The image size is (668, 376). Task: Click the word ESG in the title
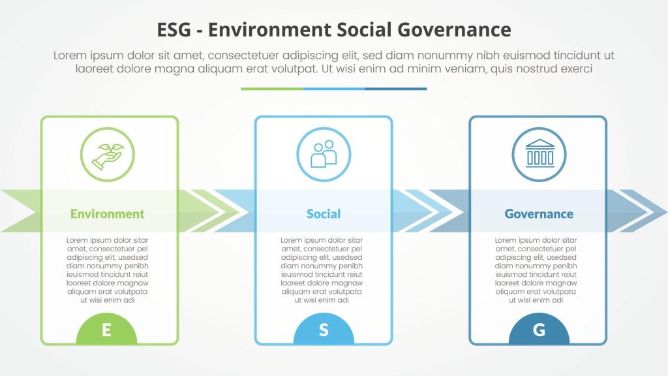pyautogui.click(x=174, y=30)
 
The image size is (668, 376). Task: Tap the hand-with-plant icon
pyautogui.click(x=108, y=155)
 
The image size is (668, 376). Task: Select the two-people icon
pyautogui.click(x=324, y=155)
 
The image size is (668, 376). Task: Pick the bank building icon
pyautogui.click(x=539, y=155)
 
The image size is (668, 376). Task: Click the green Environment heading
pyautogui.click(x=108, y=213)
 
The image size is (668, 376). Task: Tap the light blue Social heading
pyautogui.click(x=324, y=213)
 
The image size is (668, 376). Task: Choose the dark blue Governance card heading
pyautogui.click(x=539, y=213)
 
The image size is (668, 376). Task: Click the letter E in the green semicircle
pyautogui.click(x=106, y=330)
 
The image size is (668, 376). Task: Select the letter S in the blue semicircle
pyautogui.click(x=324, y=330)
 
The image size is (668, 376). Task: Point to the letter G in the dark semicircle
pyautogui.click(x=539, y=330)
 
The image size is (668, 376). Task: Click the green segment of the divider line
pyautogui.click(x=272, y=89)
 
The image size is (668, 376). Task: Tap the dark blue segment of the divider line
pyautogui.click(x=396, y=89)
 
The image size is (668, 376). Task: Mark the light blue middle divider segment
pyautogui.click(x=333, y=89)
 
